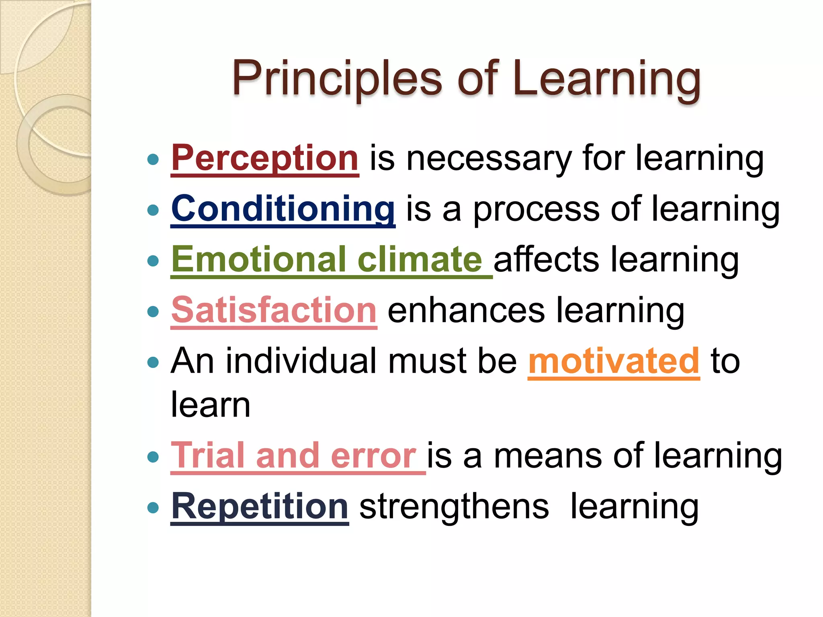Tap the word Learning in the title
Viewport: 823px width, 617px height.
click(x=607, y=78)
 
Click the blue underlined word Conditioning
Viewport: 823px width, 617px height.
click(x=283, y=208)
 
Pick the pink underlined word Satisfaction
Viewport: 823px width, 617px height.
click(x=274, y=310)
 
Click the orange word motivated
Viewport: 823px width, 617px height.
click(x=614, y=361)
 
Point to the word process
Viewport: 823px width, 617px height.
click(x=536, y=209)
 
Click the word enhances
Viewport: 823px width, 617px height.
click(x=466, y=311)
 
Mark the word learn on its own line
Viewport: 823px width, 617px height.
click(x=211, y=405)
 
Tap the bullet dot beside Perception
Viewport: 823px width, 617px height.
click(x=153, y=160)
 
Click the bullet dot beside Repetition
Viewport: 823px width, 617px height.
click(x=153, y=508)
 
